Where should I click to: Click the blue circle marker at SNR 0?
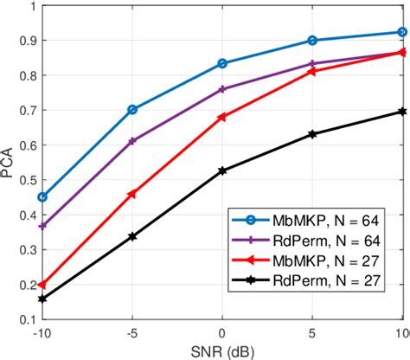[x=222, y=63]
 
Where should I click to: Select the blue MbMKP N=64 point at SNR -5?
[x=132, y=110]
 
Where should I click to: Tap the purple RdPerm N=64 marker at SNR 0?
[x=222, y=89]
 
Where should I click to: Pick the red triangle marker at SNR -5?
[x=132, y=194]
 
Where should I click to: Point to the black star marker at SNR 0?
[x=222, y=170]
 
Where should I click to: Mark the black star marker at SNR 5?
[x=312, y=134]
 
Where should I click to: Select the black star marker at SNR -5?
[x=132, y=235]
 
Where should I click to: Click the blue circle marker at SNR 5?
[x=312, y=41]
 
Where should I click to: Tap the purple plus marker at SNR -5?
[x=132, y=140]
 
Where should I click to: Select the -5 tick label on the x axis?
[x=132, y=333]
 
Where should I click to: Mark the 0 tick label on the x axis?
[x=222, y=333]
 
